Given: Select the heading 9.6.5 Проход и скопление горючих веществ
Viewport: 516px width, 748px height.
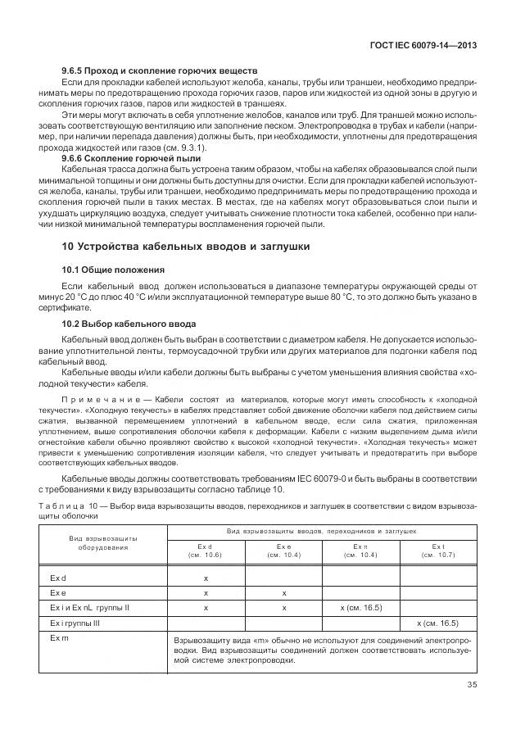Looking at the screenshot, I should pyautogui.click(x=160, y=71).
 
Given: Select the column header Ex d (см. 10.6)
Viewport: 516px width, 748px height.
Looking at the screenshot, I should pyautogui.click(x=205, y=551).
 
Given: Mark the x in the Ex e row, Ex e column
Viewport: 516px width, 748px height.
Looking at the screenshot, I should pyautogui.click(x=284, y=592).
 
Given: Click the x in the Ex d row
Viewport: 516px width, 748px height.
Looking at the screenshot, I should pyautogui.click(x=206, y=578).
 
